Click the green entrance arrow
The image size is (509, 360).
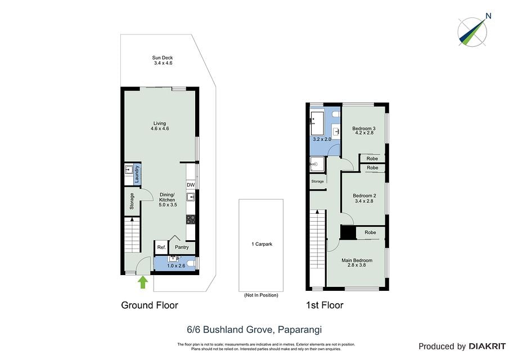[x=143, y=282]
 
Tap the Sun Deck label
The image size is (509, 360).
[x=163, y=58]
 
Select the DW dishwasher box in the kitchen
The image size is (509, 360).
[x=191, y=185]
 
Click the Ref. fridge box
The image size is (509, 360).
[x=161, y=247]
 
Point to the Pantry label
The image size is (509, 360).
[x=182, y=247]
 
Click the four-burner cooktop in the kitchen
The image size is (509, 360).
[x=191, y=219]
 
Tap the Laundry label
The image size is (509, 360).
[x=137, y=174]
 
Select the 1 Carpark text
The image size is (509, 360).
[x=262, y=244]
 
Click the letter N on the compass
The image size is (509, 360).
[x=489, y=16]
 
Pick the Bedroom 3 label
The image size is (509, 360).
[x=364, y=129]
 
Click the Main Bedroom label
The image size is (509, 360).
[x=357, y=260]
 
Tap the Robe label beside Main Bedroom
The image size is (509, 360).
[x=370, y=232]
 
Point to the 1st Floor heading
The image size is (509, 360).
[x=325, y=305]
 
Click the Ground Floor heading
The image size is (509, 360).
[x=150, y=305]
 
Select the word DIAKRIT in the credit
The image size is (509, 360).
[x=487, y=346]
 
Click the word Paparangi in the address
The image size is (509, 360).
[x=300, y=330]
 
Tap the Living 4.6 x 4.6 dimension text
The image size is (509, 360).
[x=160, y=129]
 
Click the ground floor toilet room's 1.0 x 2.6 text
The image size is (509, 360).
[x=176, y=266]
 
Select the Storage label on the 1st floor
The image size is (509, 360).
[x=317, y=182]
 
